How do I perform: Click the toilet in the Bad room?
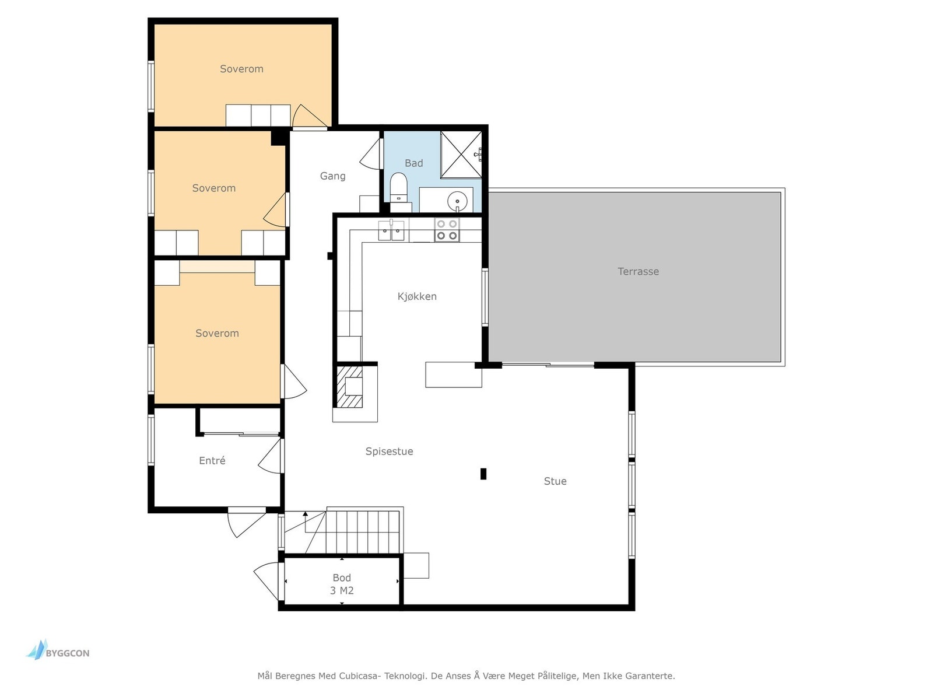(x=398, y=187)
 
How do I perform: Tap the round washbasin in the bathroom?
(x=457, y=201)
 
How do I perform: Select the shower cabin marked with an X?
(x=461, y=155)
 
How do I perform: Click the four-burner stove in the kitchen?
(x=447, y=229)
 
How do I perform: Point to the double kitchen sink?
(x=391, y=230)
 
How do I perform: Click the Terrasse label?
(x=638, y=272)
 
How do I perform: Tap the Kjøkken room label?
(x=417, y=296)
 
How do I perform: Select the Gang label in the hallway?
(x=332, y=176)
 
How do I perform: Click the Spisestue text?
(x=389, y=452)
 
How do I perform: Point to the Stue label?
(x=555, y=481)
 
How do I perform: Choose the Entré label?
(x=212, y=460)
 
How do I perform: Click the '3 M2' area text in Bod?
(x=342, y=590)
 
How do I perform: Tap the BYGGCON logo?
(x=58, y=650)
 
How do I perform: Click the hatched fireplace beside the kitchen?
(x=350, y=387)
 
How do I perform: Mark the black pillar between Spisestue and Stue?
(x=483, y=474)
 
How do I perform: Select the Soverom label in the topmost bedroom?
(x=241, y=69)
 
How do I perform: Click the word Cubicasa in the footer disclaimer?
(x=359, y=675)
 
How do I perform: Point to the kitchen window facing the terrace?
(x=485, y=297)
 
